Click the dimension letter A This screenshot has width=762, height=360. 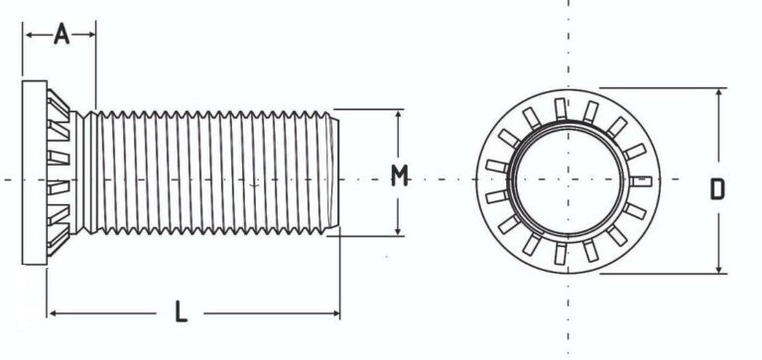62,34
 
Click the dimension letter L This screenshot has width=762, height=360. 181,311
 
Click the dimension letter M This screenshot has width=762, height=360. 400,176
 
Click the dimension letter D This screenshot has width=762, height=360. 717,189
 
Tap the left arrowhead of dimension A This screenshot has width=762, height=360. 29,35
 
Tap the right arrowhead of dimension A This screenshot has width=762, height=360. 91,35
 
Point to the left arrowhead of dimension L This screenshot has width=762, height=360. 53,313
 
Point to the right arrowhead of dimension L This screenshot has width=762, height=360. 335,313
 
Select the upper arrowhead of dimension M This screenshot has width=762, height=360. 398,115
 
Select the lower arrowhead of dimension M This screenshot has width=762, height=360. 398,231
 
